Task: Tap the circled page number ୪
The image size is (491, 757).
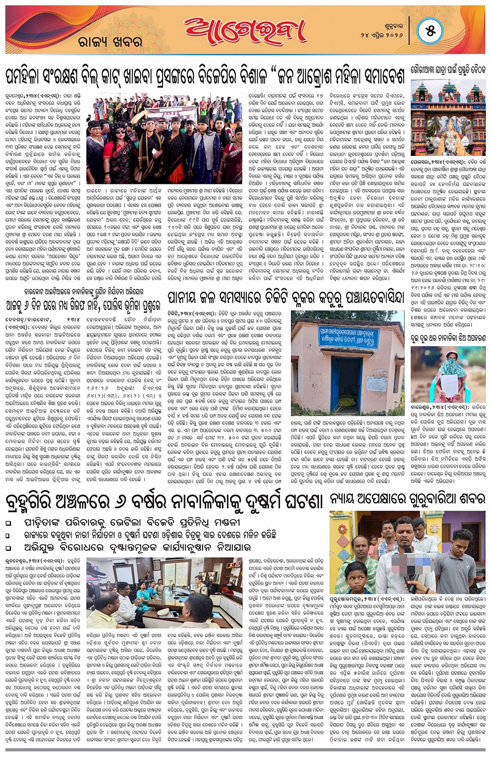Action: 430,31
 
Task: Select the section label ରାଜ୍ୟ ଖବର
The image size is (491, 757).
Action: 110,42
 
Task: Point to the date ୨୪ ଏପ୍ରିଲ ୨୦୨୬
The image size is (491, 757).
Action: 381,34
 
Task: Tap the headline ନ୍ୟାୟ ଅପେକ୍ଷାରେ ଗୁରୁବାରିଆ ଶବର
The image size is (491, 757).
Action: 407,499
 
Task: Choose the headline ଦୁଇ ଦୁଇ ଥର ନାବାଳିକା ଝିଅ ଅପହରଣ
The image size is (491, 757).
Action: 448,338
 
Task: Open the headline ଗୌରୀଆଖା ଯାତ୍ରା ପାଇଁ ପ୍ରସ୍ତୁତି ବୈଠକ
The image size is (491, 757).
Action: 448,70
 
